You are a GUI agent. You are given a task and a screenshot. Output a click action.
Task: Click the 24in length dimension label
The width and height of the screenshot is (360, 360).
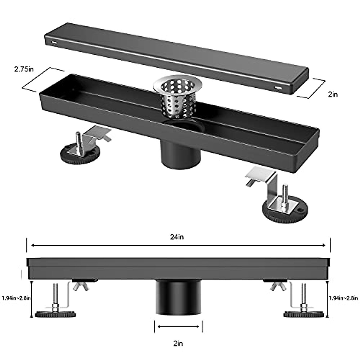[177, 237]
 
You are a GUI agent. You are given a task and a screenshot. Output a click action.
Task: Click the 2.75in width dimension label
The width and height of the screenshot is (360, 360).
[24, 69]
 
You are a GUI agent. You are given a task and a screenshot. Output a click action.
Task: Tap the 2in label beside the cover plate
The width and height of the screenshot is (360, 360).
[333, 94]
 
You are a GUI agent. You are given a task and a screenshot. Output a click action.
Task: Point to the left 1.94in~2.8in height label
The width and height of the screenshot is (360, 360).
[16, 298]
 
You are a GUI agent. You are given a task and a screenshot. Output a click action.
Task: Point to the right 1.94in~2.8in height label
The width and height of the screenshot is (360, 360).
[343, 298]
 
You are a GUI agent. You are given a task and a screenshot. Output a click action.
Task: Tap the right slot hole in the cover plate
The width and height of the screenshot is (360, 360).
[278, 88]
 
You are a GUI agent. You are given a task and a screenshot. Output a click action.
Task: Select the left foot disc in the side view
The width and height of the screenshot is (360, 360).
[55, 314]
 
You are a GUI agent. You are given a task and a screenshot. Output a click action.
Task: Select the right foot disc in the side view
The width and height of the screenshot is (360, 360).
[304, 314]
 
